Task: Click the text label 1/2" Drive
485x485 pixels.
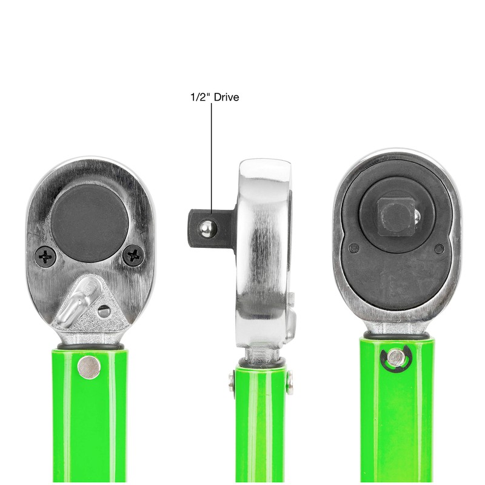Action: coord(215,97)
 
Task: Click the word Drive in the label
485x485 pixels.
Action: coord(226,97)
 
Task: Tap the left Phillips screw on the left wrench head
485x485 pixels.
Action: coord(45,256)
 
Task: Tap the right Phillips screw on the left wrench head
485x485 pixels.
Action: coord(133,255)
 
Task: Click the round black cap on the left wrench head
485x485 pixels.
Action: coord(89,223)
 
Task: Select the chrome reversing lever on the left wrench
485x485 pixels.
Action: coord(78,301)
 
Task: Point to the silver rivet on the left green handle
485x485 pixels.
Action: coord(89,367)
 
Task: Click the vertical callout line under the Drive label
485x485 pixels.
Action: coord(212,158)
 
